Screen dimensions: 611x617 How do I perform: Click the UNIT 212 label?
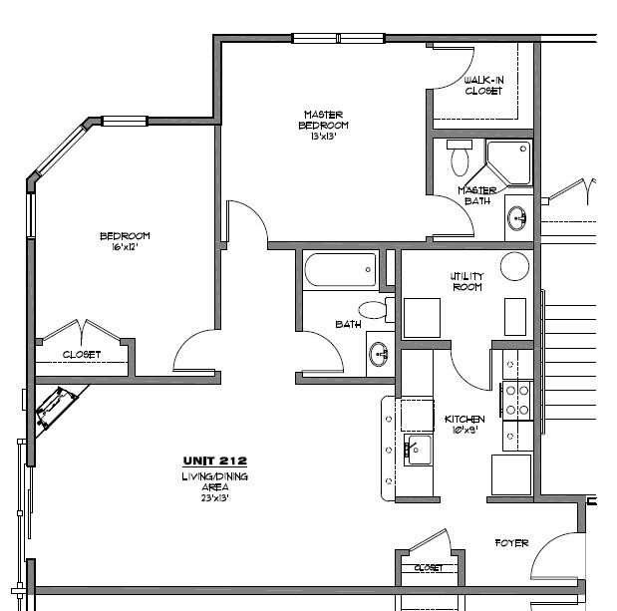click(214, 460)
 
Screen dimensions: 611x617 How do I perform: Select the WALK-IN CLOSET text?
click(483, 86)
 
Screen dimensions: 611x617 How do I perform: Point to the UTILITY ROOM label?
click(465, 281)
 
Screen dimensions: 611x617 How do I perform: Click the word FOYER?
click(511, 543)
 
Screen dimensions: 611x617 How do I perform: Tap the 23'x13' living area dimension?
click(214, 497)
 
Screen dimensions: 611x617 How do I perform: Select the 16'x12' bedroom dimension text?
click(124, 246)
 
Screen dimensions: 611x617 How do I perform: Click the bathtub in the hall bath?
click(340, 270)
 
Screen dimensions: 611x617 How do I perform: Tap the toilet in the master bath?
click(460, 159)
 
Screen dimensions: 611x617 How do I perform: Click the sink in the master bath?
click(517, 215)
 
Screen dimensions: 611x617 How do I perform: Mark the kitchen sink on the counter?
click(417, 451)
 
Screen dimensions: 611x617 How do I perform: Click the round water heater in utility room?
click(514, 266)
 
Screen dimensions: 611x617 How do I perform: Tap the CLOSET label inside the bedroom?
click(81, 354)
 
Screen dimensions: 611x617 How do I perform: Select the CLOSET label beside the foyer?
click(429, 567)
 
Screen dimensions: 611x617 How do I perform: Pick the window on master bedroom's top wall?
click(338, 39)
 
